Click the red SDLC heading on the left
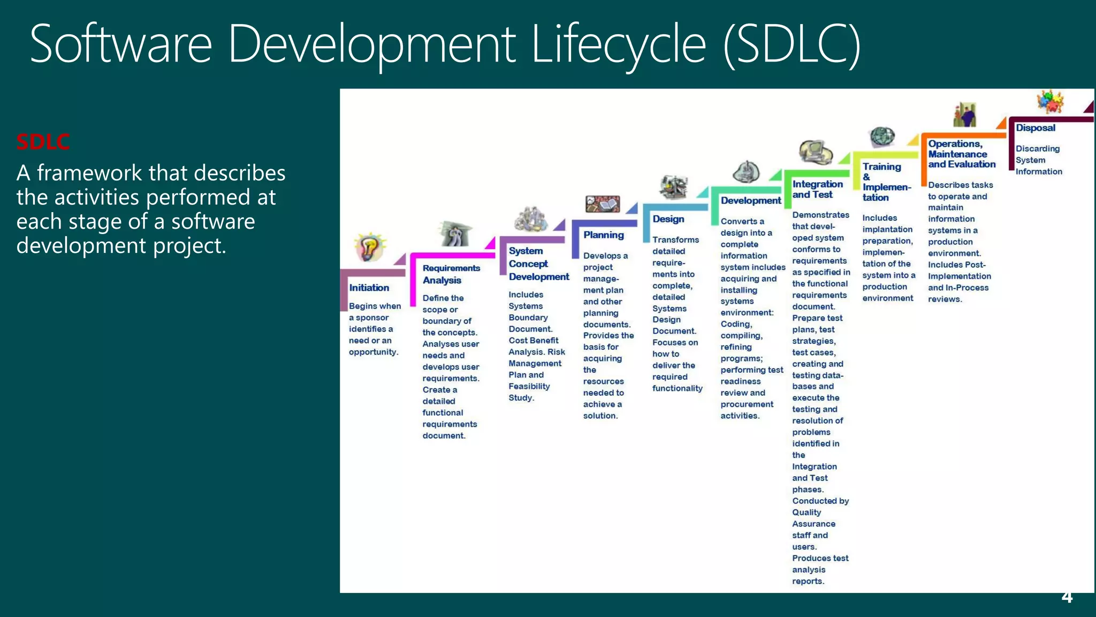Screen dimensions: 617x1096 (x=43, y=142)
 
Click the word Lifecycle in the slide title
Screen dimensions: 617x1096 (x=619, y=45)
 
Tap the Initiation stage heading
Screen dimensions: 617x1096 (x=369, y=288)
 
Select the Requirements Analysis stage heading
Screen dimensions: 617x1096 (x=451, y=274)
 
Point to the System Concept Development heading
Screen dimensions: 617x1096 (x=538, y=264)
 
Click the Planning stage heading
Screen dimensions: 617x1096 (x=603, y=235)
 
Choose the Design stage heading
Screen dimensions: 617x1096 (x=668, y=219)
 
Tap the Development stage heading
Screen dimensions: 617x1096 (x=750, y=200)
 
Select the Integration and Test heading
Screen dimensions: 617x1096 (x=817, y=190)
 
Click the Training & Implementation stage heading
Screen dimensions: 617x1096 (x=885, y=182)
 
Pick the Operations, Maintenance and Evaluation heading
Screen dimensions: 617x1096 (x=961, y=154)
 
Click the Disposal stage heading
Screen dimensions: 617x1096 (x=1036, y=128)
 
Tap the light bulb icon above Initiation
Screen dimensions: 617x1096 (x=369, y=247)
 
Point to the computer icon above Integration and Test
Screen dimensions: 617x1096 (x=815, y=152)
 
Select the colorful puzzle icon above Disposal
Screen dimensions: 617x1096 (x=1050, y=101)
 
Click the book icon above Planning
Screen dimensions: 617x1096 (x=603, y=204)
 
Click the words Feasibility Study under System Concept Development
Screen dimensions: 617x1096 (x=529, y=392)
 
